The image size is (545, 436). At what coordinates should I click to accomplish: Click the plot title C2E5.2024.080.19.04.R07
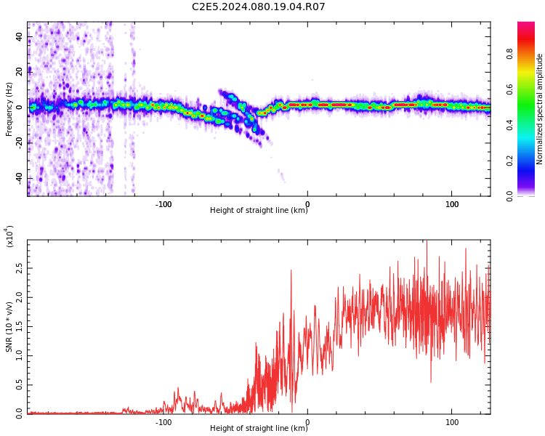pos(259,7)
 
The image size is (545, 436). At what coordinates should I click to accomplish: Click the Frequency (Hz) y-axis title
pos(9,109)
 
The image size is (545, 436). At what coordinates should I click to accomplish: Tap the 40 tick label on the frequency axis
pos(19,36)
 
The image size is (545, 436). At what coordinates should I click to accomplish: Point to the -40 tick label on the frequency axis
pos(19,178)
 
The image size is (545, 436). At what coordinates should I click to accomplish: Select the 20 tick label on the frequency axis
pos(19,72)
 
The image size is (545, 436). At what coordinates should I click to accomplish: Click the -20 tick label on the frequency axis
pos(19,143)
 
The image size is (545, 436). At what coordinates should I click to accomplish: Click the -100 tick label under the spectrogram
pos(163,204)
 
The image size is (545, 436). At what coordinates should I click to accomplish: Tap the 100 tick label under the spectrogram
pos(452,204)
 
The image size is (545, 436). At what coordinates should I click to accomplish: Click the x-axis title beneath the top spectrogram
pos(259,210)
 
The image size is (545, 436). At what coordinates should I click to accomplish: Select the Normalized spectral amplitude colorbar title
pos(539,109)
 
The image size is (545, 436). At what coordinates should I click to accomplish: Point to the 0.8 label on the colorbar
pos(509,54)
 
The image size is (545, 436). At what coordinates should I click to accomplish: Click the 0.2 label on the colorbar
pos(509,161)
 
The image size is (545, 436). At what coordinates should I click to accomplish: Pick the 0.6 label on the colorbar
pos(509,89)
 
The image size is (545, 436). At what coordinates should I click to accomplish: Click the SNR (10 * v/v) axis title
pos(9,327)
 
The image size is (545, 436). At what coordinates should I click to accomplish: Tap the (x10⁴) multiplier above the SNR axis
pos(9,236)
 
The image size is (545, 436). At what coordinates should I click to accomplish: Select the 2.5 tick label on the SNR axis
pos(19,268)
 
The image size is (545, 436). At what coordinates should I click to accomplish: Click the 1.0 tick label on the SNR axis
pos(19,355)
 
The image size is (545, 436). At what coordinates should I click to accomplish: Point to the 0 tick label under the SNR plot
pos(307,422)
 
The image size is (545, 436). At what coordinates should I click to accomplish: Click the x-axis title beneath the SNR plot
pos(259,428)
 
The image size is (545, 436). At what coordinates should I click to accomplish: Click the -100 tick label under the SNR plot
pos(163,422)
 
